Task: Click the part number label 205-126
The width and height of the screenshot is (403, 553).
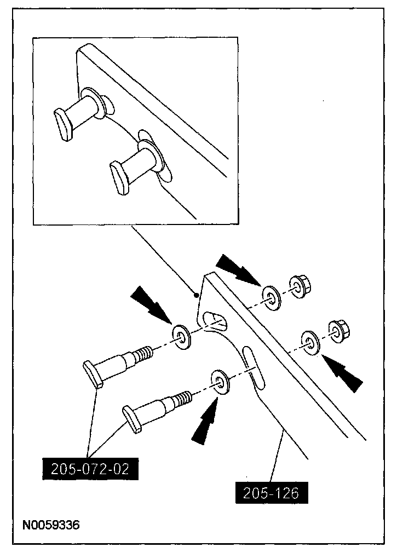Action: point(272,493)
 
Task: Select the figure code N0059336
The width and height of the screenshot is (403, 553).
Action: point(51,526)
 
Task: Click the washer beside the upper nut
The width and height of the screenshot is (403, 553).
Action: point(270,296)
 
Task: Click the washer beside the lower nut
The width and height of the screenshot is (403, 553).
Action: point(310,342)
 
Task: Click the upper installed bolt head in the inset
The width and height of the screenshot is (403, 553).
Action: point(64,123)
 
